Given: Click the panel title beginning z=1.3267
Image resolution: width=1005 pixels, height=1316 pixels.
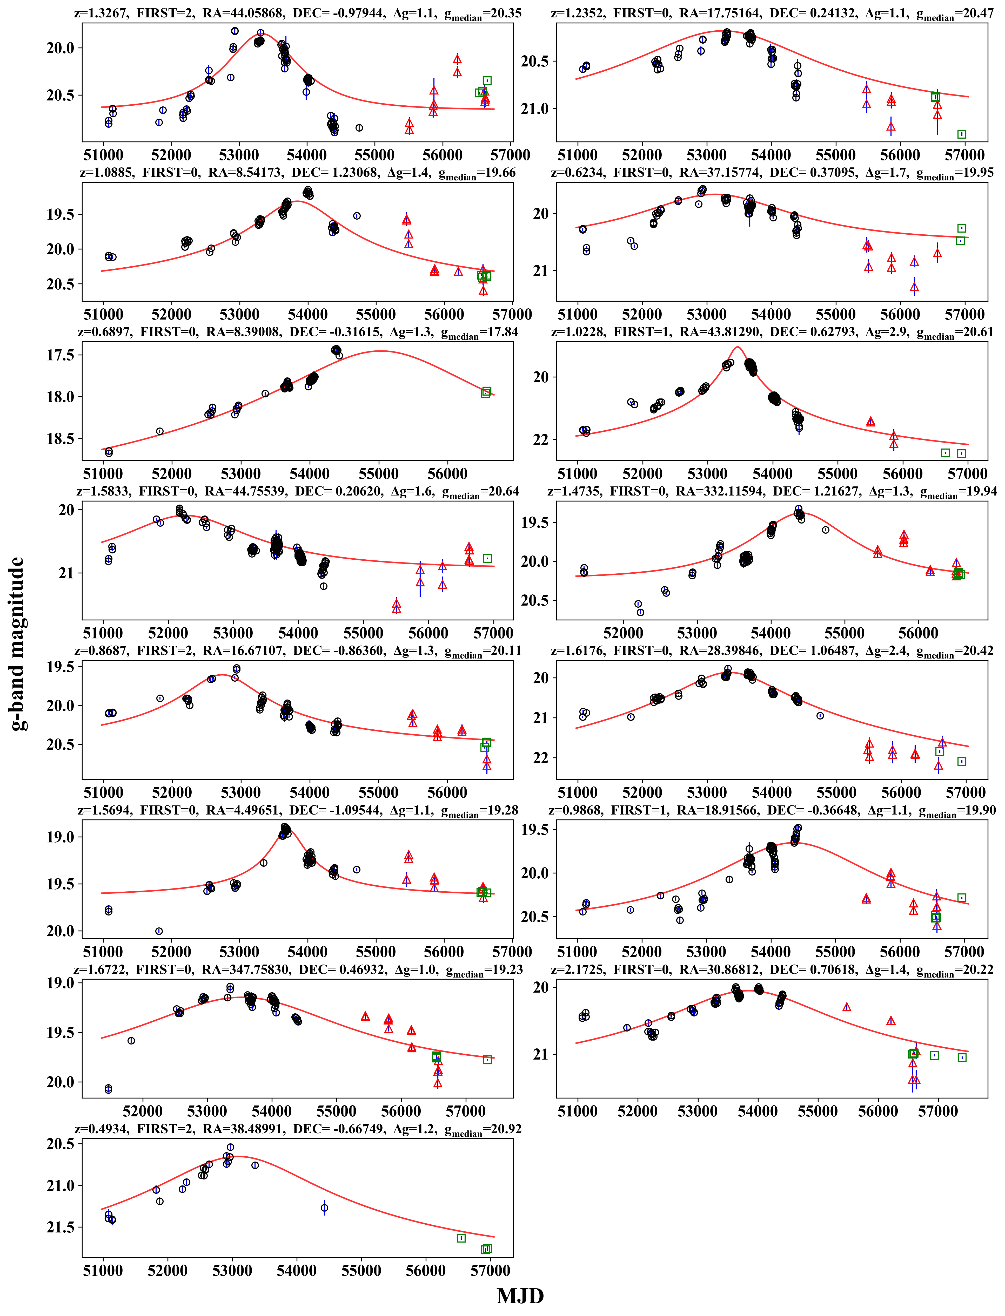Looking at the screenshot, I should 297,13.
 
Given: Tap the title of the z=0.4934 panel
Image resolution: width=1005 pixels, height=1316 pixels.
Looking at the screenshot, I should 297,1129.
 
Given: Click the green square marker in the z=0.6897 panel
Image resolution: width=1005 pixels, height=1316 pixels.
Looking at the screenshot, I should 486,392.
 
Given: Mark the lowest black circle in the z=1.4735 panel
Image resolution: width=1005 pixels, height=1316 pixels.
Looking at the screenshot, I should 640,612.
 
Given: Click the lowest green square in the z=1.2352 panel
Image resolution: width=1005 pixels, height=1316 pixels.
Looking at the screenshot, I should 962,134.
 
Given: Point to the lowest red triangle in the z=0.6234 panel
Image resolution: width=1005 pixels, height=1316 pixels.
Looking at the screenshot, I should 914,288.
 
